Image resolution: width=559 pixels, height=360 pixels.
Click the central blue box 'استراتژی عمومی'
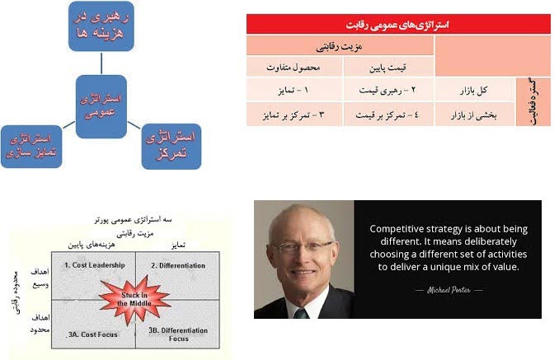tap(101, 105)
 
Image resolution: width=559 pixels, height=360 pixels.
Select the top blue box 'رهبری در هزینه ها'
tap(101, 27)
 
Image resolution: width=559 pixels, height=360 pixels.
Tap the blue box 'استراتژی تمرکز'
tap(171, 146)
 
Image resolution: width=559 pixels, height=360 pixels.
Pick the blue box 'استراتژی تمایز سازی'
tap(31, 146)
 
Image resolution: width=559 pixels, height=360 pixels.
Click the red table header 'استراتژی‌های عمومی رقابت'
tap(397, 25)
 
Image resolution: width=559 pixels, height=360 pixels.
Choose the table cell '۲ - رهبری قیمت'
tap(388, 88)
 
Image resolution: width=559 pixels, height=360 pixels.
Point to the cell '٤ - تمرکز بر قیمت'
tap(388, 114)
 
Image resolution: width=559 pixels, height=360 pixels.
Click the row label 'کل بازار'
tap(474, 88)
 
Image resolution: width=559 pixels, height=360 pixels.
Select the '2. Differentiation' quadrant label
tap(179, 264)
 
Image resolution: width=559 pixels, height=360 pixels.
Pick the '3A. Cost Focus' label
tap(92, 334)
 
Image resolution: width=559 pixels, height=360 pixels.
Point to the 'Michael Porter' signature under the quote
tap(449, 291)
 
